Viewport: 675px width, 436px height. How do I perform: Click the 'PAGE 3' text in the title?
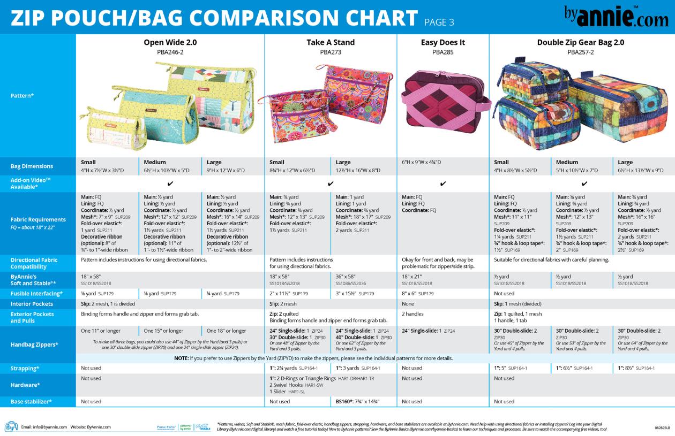pyautogui.click(x=439, y=22)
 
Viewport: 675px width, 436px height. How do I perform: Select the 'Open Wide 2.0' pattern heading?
pyautogui.click(x=169, y=42)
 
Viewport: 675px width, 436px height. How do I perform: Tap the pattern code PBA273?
pyautogui.click(x=331, y=52)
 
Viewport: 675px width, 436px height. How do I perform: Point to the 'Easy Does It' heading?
pyautogui.click(x=442, y=42)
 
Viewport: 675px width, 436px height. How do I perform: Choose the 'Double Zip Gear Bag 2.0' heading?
pyautogui.click(x=581, y=42)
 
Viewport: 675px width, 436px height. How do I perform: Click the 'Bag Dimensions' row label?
pyautogui.click(x=33, y=166)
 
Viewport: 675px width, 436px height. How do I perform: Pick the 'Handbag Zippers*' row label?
pyautogui.click(x=34, y=345)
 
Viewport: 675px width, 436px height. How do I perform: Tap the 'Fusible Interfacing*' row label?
pyautogui.click(x=36, y=294)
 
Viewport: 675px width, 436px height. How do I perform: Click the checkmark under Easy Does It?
pyautogui.click(x=442, y=183)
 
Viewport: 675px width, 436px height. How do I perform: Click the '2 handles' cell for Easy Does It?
pyautogui.click(x=413, y=314)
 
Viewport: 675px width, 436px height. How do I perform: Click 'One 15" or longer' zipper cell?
pyautogui.click(x=164, y=331)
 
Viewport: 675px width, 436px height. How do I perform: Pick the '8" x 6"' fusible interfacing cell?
pyautogui.click(x=418, y=294)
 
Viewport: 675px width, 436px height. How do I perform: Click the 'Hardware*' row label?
pyautogui.click(x=25, y=385)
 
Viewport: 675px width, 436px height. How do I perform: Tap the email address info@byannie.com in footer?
pyautogui.click(x=44, y=427)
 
